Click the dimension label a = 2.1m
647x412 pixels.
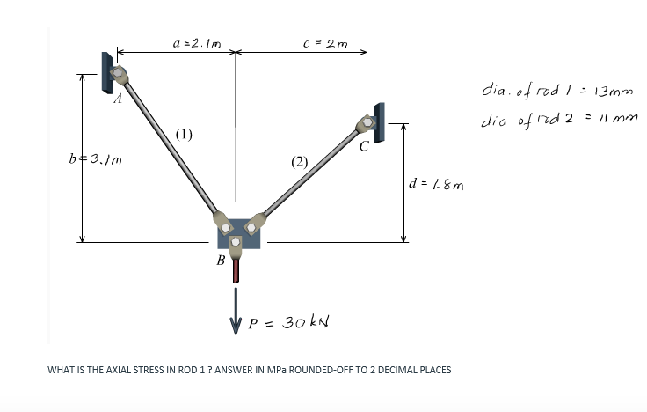coord(197,43)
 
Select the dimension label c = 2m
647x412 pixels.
coord(325,43)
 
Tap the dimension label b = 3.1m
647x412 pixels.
coord(95,159)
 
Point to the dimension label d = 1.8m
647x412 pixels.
coord(436,184)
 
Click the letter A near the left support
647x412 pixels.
coord(118,99)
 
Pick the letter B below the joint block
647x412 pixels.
coord(221,261)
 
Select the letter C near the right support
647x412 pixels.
coord(364,146)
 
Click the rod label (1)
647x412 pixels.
coord(184,135)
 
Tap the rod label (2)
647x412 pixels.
coord(299,162)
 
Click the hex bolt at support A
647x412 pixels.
coord(118,73)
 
